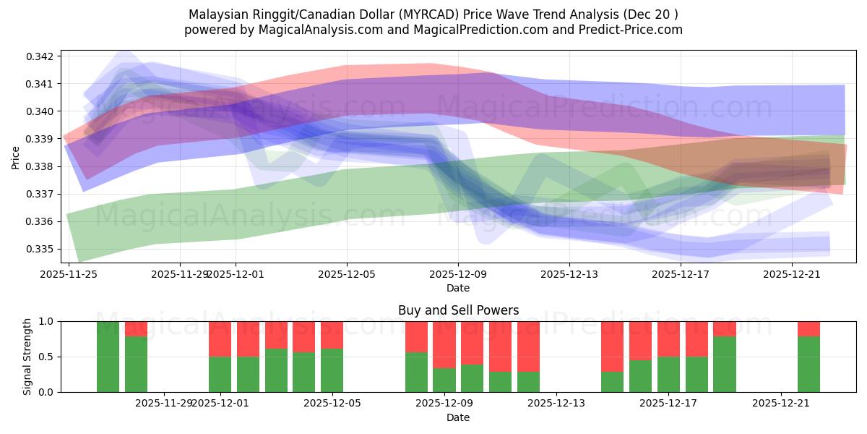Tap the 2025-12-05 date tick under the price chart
click(347, 274)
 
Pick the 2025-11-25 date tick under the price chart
click(69, 274)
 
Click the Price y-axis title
click(16, 156)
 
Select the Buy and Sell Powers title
click(458, 310)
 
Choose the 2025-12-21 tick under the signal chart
click(781, 403)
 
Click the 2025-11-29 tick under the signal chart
click(164, 403)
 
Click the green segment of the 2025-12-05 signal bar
click(332, 370)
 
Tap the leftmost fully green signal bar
click(108, 357)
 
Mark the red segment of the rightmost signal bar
click(808, 328)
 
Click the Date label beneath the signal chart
click(458, 417)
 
